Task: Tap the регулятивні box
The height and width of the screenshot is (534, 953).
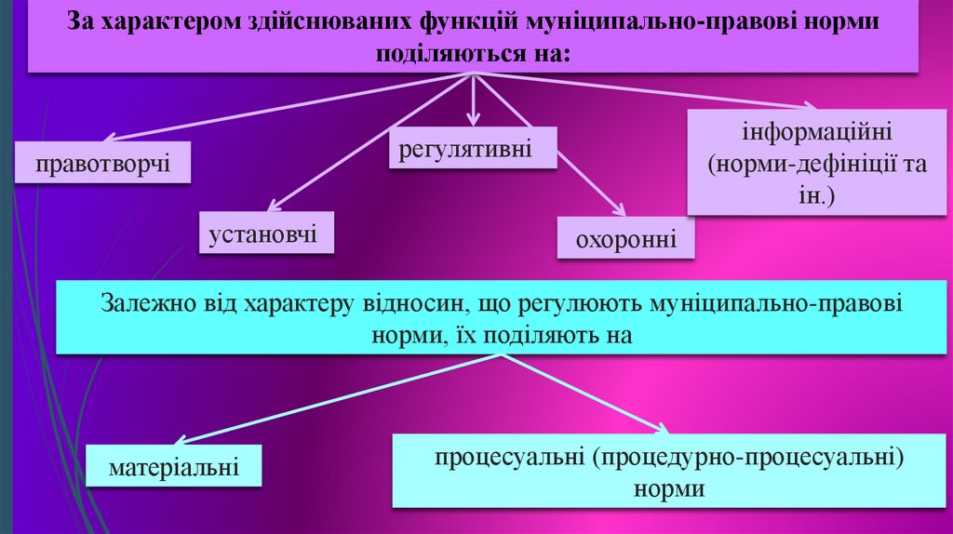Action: click(x=473, y=149)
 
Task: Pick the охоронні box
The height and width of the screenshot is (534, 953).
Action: click(x=626, y=241)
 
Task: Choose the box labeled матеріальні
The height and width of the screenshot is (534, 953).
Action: click(x=174, y=465)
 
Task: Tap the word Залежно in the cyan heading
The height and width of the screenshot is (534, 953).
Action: click(x=145, y=303)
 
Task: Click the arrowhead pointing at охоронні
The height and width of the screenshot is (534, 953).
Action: click(x=618, y=208)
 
